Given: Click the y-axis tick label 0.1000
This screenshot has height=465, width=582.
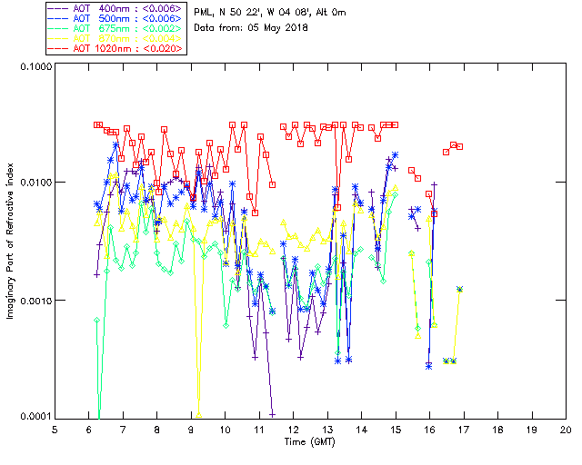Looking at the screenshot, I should pyautogui.click(x=35, y=67).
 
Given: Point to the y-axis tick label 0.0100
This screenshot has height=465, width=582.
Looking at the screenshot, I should pyautogui.click(x=35, y=183).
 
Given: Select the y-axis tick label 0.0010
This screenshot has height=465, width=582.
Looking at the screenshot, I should pyautogui.click(x=35, y=301).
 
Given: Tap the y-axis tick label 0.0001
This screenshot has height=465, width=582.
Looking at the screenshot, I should pyautogui.click(x=35, y=417).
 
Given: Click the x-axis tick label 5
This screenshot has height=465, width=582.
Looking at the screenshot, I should pyautogui.click(x=55, y=429).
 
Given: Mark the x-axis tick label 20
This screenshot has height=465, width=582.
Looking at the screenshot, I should pyautogui.click(x=566, y=429).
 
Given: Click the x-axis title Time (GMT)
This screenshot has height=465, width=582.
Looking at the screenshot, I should pyautogui.click(x=310, y=441).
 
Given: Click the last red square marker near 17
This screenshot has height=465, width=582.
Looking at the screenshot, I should pyautogui.click(x=459, y=146).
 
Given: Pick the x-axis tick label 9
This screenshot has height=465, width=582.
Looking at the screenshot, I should pyautogui.click(x=192, y=429).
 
